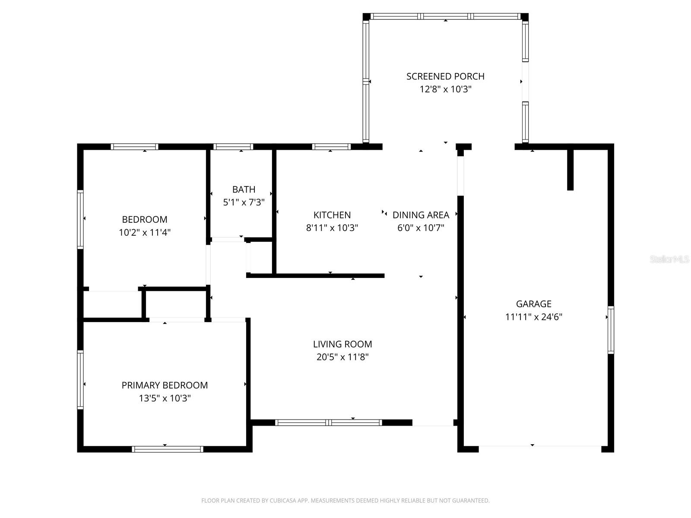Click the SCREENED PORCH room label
pos(445,76)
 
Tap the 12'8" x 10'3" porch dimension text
pos(445,89)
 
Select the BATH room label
pos(244,190)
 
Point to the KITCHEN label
pos(332,215)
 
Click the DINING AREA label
pos(421,215)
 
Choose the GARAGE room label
pos(534,304)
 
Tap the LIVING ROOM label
pos(342,344)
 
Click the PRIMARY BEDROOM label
pos(165,385)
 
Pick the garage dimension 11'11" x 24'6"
pos(534,317)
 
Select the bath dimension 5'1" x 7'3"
pos(244,202)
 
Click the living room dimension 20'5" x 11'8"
pos(342,357)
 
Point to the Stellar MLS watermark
pos(669,259)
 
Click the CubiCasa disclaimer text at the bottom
pos(345,500)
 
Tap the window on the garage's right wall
pos(611,330)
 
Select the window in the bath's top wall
pos(233,147)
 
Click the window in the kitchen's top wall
pos(332,147)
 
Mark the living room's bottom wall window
pos(328,423)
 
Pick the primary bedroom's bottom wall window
pos(168,449)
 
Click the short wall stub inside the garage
pos(570,170)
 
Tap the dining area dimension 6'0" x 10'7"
pos(421,228)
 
